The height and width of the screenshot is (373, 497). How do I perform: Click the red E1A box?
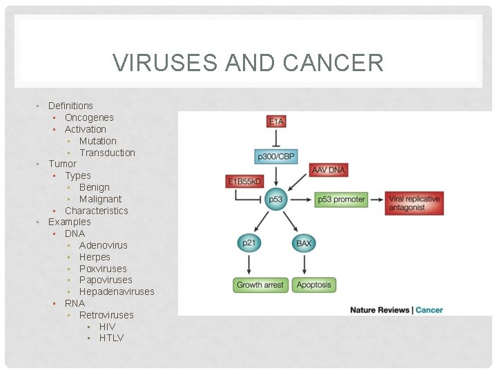(276, 122)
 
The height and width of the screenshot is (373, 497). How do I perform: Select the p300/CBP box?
(276, 157)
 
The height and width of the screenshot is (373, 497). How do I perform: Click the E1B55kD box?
(246, 182)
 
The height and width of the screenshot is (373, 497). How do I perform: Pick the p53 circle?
(276, 200)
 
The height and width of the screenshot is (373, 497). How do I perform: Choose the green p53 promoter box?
(341, 200)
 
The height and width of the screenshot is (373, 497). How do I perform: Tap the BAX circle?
(304, 243)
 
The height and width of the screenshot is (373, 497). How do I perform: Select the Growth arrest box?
(259, 285)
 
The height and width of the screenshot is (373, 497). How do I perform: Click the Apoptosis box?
(314, 285)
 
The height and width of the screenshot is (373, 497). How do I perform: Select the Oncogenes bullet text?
(89, 117)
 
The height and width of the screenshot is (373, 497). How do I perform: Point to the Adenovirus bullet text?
(104, 245)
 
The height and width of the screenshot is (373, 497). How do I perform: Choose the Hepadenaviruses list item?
(117, 291)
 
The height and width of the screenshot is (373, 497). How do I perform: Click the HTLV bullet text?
(111, 338)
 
